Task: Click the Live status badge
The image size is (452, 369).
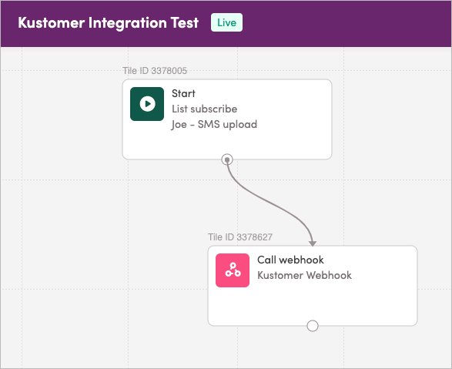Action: click(226, 22)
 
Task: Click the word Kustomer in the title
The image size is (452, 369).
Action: click(52, 22)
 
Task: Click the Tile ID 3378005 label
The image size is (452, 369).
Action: click(155, 71)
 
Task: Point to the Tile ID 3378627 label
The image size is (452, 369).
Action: click(240, 237)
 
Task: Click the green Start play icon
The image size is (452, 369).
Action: click(147, 104)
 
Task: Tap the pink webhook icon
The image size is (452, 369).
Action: click(233, 270)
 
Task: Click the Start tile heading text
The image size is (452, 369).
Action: click(183, 93)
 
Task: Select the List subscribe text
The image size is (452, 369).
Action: click(205, 109)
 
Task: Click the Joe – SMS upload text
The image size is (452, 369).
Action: click(215, 125)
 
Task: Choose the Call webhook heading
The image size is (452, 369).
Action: click(290, 260)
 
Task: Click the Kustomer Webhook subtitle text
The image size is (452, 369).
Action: click(304, 275)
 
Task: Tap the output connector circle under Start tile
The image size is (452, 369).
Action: click(227, 159)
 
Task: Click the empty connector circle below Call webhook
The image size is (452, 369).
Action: click(313, 326)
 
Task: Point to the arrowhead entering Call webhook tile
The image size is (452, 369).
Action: click(313, 243)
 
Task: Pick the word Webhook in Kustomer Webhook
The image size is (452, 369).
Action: click(329, 275)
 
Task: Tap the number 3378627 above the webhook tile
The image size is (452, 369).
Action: click(255, 237)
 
